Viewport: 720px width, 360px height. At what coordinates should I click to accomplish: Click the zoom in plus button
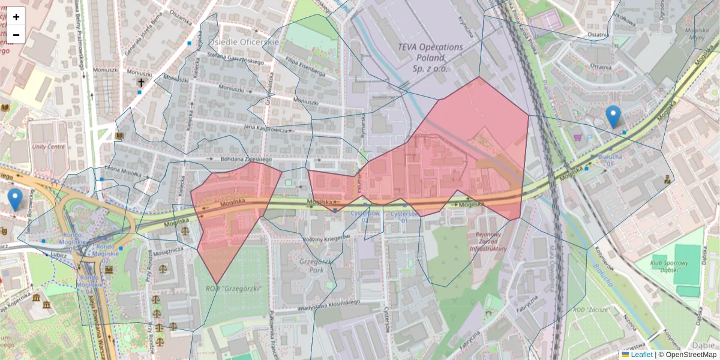(16, 16)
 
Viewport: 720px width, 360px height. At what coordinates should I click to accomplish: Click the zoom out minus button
(16, 35)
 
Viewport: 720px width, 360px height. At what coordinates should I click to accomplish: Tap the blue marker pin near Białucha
(613, 116)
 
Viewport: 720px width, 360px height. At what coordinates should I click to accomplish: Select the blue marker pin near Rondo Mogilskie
(15, 199)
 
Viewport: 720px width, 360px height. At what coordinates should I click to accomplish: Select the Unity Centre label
(49, 146)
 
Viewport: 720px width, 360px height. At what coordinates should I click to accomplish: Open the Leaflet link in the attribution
(641, 355)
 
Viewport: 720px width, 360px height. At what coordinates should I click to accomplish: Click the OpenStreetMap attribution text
(687, 355)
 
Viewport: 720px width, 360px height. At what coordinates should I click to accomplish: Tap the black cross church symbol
(141, 82)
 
